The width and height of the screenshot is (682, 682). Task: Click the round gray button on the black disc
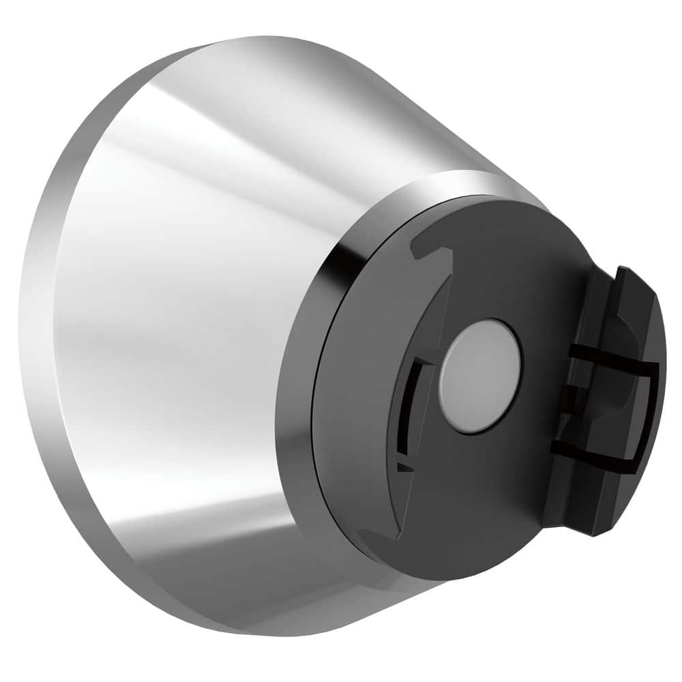pos(479,375)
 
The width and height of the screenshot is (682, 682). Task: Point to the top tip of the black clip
pos(622,271)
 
